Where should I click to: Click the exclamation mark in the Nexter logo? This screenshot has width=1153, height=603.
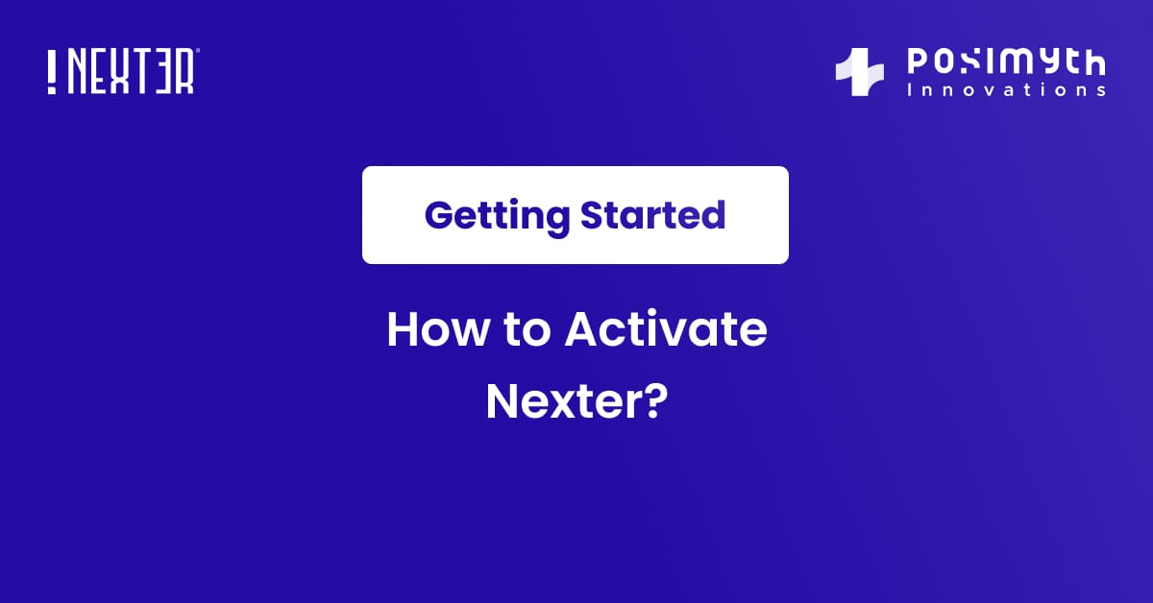(52, 72)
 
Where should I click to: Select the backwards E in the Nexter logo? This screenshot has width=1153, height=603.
(165, 72)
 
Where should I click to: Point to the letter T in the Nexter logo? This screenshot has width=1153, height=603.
(144, 72)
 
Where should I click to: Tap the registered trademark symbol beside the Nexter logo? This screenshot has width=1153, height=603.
(197, 52)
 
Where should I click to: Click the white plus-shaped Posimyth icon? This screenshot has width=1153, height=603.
(859, 73)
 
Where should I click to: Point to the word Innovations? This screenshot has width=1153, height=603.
(1006, 89)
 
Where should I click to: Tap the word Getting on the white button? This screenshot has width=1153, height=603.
(497, 216)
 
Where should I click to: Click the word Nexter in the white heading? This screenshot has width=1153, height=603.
(560, 401)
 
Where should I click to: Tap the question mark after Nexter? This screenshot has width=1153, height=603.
(653, 400)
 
